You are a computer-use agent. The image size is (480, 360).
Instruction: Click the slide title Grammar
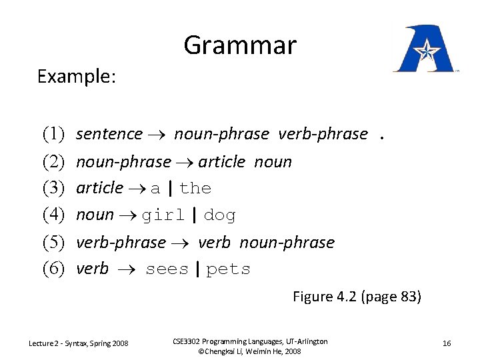click(239, 45)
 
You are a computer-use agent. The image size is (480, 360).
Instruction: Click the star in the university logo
click(425, 48)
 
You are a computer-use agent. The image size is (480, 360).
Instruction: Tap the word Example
click(77, 77)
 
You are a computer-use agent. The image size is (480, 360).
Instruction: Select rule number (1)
click(53, 134)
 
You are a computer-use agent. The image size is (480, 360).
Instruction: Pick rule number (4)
click(53, 215)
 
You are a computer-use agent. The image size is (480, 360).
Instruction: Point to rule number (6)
click(53, 269)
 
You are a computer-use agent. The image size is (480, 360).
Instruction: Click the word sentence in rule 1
click(109, 134)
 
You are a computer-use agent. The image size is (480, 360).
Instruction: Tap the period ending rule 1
click(382, 135)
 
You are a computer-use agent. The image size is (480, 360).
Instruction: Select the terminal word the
click(195, 189)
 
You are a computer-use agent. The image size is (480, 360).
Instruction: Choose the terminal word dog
click(219, 215)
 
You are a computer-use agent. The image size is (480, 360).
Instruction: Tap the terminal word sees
click(167, 269)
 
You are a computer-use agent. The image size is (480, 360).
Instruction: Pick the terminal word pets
click(228, 269)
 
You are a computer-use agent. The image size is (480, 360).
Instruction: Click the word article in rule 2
click(222, 162)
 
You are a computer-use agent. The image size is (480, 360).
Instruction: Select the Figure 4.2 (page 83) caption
click(357, 297)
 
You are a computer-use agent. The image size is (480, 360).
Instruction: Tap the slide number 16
click(447, 343)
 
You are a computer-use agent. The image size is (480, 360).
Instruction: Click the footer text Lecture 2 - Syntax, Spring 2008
click(79, 343)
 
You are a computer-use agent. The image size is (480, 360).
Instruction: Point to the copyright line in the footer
click(249, 351)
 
